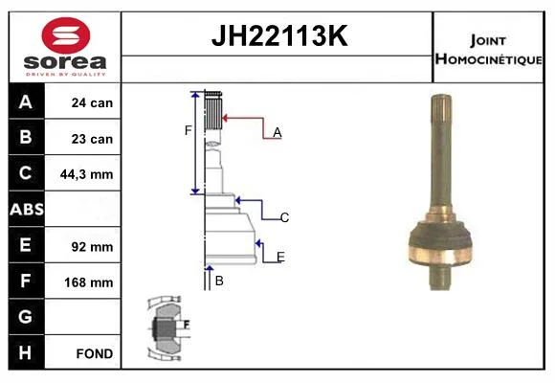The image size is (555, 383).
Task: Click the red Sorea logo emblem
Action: (x=66, y=35)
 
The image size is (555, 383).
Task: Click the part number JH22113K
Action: (x=279, y=35)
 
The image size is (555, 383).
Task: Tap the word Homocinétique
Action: (x=489, y=59)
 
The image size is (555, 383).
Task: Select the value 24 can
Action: (x=92, y=102)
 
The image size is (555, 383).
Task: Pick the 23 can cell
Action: (x=92, y=139)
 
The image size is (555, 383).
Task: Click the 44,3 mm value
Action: (x=87, y=174)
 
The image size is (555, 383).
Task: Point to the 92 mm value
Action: (x=92, y=247)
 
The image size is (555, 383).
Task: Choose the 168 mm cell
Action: (x=88, y=282)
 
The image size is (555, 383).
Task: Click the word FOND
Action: (x=95, y=353)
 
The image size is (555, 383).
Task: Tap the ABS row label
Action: (x=27, y=209)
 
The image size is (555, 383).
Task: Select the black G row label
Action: (x=27, y=317)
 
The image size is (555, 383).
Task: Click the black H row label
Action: (x=27, y=352)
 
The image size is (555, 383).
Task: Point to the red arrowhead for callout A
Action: (x=225, y=118)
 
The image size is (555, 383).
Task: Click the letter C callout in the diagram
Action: (x=284, y=217)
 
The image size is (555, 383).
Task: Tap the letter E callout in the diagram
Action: (x=280, y=257)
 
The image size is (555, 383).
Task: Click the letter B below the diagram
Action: (x=219, y=281)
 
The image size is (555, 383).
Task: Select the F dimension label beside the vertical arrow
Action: (x=188, y=130)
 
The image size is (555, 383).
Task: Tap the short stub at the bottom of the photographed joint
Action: (x=439, y=277)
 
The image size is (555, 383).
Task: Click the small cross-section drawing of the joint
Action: (x=168, y=328)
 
